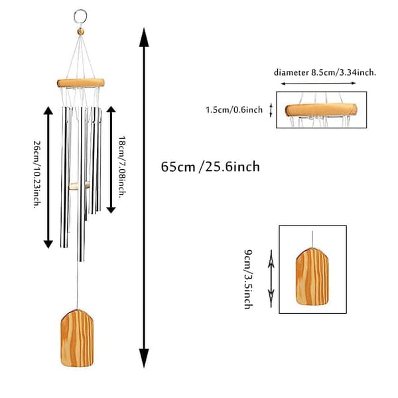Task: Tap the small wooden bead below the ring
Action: point(81,31)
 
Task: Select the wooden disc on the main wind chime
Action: point(81,83)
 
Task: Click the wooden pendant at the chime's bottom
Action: point(77,338)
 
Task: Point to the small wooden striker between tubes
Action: point(79,185)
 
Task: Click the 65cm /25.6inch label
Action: point(210,166)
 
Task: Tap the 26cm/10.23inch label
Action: point(37,174)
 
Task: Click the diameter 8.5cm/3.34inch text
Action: point(325,72)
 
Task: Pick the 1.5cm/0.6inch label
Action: point(233,110)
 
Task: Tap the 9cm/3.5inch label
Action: point(248,279)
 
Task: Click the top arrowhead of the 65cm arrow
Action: point(144,37)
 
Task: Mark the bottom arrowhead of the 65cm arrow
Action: point(144,358)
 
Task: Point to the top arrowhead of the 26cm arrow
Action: point(48,110)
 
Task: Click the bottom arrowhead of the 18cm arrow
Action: point(111,210)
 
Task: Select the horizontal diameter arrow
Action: point(318,84)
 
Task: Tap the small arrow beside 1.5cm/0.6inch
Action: point(271,110)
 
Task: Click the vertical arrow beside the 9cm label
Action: point(271,279)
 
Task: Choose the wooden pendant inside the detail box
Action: point(312,277)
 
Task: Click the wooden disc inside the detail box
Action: point(321,110)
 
